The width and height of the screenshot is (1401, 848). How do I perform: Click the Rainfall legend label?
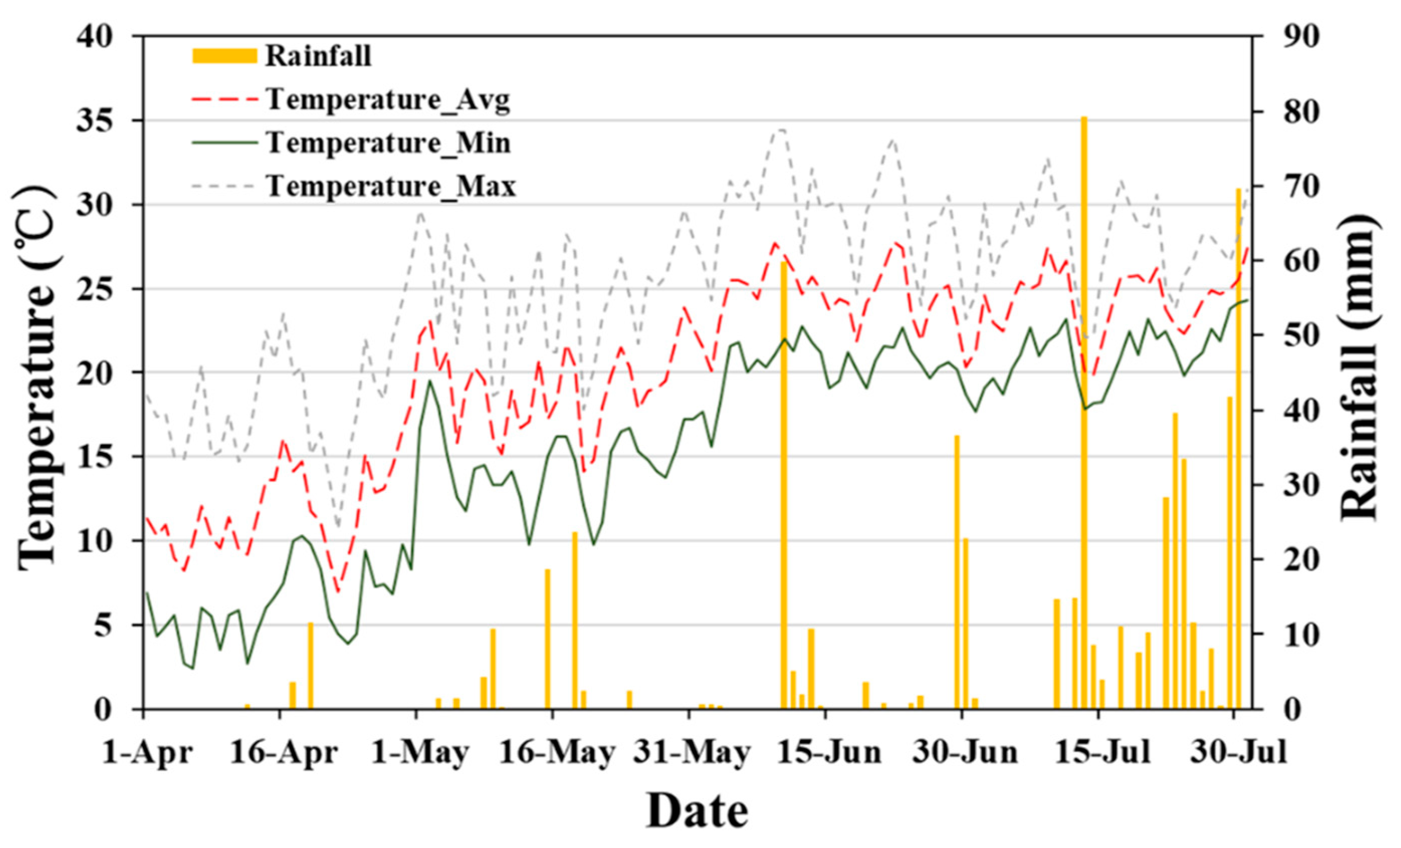click(318, 56)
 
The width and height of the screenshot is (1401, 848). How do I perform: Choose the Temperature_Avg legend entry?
click(388, 100)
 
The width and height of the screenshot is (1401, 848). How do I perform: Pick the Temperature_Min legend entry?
click(388, 143)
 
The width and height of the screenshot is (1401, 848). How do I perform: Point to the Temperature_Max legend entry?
click(391, 186)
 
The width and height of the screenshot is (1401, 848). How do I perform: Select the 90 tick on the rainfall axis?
click(1299, 37)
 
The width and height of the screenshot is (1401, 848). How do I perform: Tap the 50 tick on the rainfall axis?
click(1299, 335)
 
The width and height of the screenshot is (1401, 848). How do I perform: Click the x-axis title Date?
click(697, 811)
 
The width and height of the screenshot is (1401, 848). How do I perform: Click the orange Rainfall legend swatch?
click(225, 56)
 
